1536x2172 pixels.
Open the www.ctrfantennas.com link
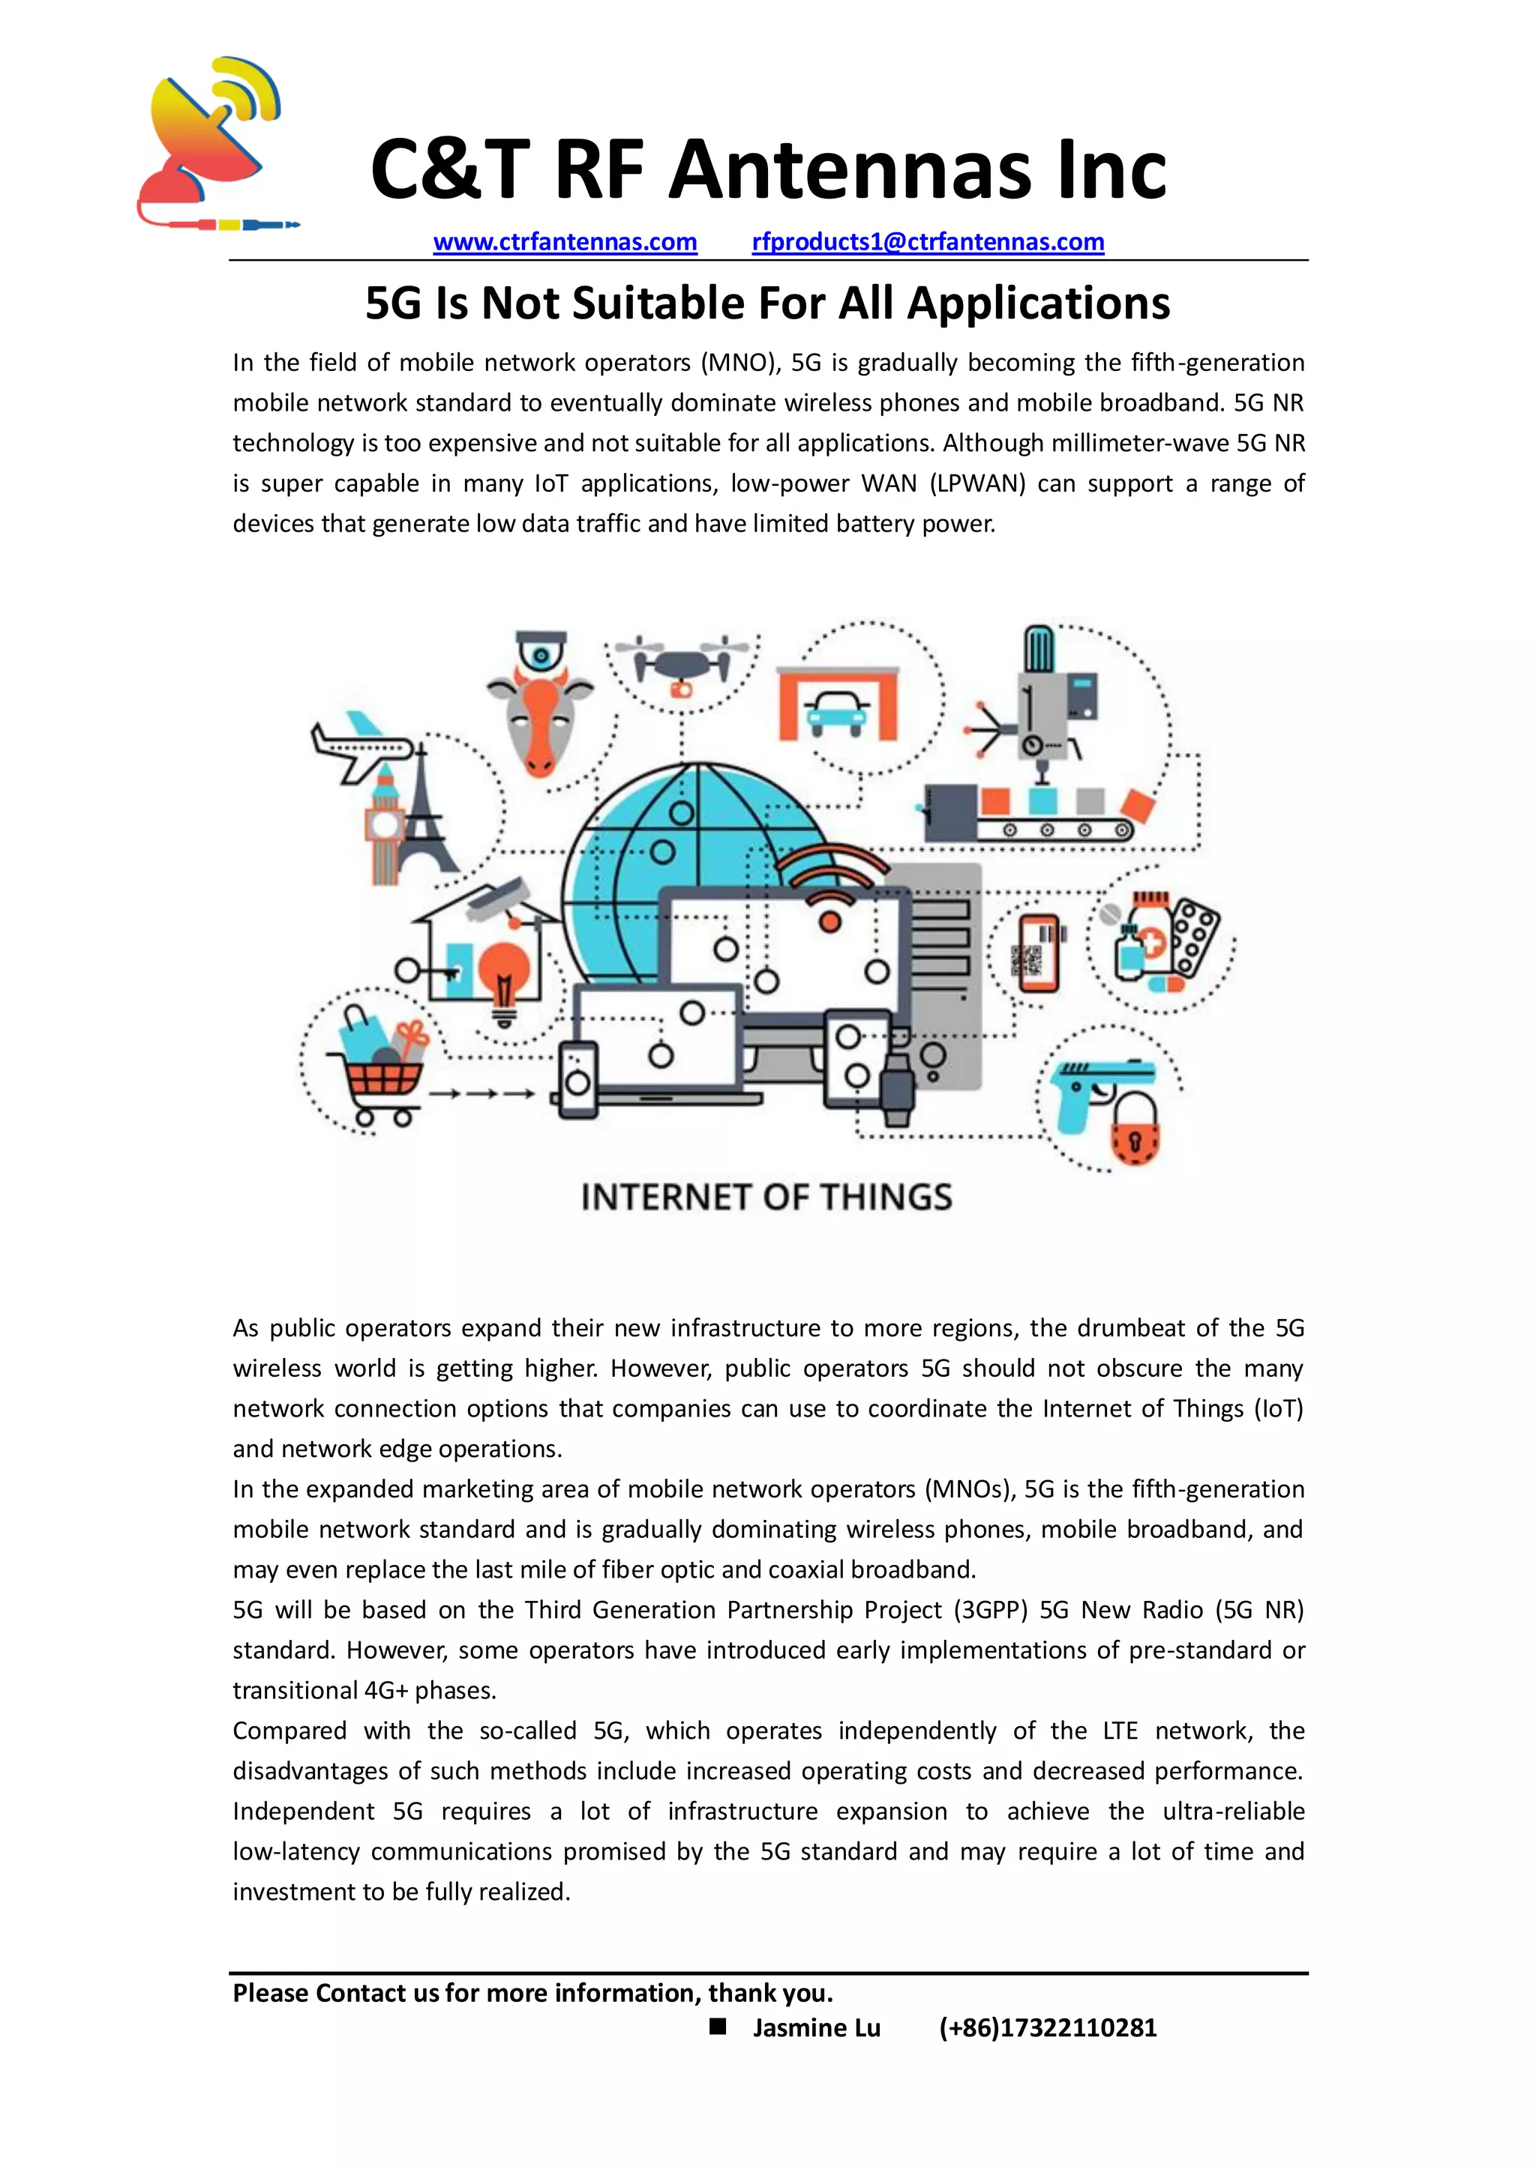(565, 242)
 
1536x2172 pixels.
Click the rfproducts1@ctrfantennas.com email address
(928, 242)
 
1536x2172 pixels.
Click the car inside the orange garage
(836, 711)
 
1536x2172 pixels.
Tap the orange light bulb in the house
(505, 979)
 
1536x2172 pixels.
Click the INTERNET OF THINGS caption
(766, 1198)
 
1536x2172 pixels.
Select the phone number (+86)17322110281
(1048, 2028)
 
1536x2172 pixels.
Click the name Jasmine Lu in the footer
(816, 2028)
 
